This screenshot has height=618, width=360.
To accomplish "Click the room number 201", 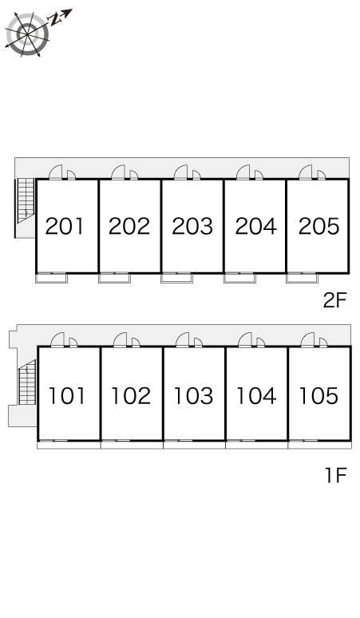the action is pyautogui.click(x=65, y=226).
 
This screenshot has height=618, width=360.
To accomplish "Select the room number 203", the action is pyautogui.click(x=192, y=226).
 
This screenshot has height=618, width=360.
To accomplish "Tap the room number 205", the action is pyautogui.click(x=318, y=226).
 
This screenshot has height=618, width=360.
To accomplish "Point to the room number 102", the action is pyautogui.click(x=131, y=396).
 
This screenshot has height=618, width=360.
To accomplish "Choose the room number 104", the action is pyautogui.click(x=256, y=396).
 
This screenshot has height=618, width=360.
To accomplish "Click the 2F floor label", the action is pyautogui.click(x=334, y=301).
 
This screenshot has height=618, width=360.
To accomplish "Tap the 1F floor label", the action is pyautogui.click(x=335, y=475).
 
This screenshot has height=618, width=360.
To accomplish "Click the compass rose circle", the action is pyautogui.click(x=28, y=34).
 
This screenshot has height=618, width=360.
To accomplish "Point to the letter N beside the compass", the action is pyautogui.click(x=55, y=19).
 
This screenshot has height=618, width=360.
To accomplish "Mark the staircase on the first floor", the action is pyautogui.click(x=27, y=382).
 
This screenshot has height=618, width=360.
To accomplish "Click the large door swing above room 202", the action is pyautogui.click(x=118, y=172).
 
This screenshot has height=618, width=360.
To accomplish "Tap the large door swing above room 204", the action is pyautogui.click(x=243, y=172).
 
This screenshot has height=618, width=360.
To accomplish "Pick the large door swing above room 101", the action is pyautogui.click(x=57, y=340).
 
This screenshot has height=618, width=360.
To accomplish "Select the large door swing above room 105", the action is pyautogui.click(x=307, y=340).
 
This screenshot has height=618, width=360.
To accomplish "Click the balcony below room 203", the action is pyautogui.click(x=177, y=278).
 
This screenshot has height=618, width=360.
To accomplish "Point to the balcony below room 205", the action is pyautogui.click(x=302, y=278).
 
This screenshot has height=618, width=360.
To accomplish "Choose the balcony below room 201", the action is pyautogui.click(x=52, y=278).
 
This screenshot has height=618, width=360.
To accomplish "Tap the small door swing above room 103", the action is pyautogui.click(x=198, y=343).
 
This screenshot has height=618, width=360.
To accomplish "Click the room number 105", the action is pyautogui.click(x=318, y=396).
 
